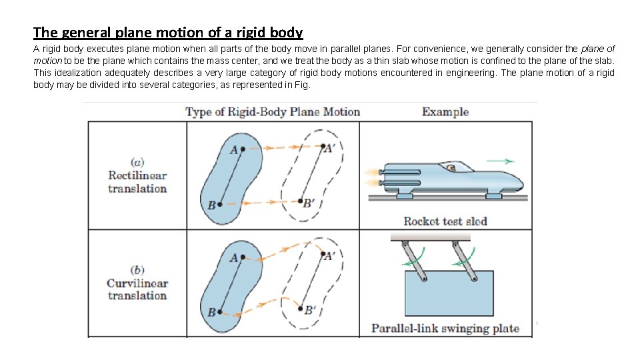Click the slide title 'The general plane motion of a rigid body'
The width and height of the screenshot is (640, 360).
168,32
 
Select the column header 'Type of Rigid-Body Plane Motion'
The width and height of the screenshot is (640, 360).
273,112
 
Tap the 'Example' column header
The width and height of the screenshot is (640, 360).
445,112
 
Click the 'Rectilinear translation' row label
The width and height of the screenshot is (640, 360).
137,176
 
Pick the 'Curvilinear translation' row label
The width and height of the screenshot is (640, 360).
137,283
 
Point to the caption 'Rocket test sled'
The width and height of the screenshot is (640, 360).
445,221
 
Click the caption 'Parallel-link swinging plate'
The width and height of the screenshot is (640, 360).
445,328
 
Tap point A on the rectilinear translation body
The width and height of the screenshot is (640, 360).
243,149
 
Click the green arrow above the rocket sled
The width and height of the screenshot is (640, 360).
500,161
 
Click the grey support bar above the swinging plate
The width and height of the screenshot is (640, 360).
430,237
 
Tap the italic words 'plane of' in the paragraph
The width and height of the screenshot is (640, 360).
598,49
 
